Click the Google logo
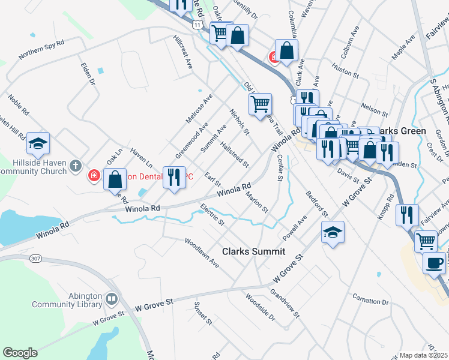tap(20, 353)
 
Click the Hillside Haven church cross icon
tap(75, 166)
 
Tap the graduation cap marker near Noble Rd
tap(38, 144)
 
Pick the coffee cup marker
tap(434, 263)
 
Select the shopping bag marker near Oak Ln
tap(115, 179)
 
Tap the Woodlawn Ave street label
tap(202, 254)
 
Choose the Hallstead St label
tap(234, 155)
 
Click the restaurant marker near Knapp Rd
tap(408, 215)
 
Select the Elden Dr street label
tap(88, 71)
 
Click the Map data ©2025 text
tap(423, 355)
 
